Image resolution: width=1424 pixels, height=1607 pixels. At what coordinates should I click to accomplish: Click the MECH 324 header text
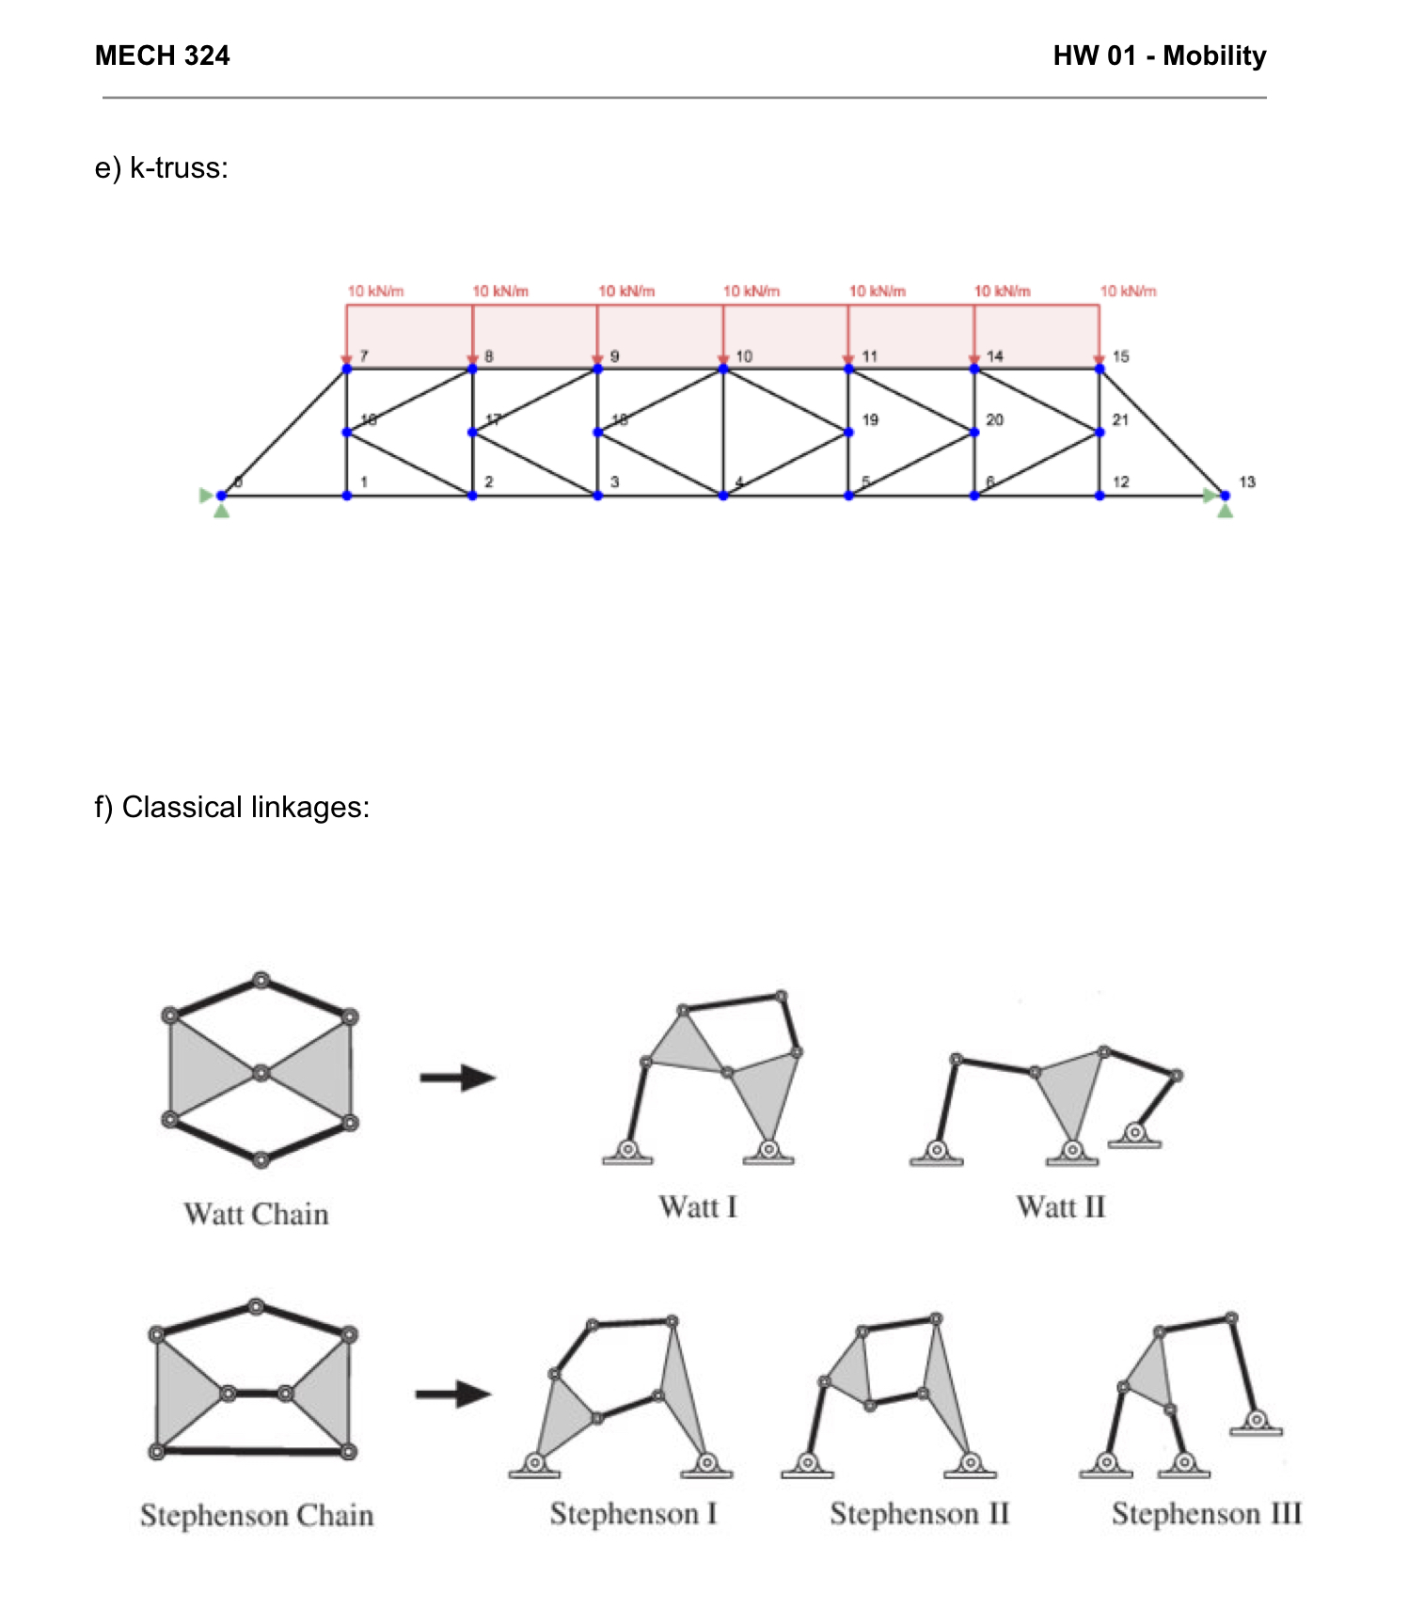coord(162,55)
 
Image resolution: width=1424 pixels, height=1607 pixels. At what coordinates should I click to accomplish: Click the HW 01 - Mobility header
coord(1159,55)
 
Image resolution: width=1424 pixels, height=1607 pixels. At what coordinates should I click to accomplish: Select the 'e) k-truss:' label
coord(161,168)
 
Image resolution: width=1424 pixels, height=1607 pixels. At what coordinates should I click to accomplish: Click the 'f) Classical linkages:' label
coord(231,807)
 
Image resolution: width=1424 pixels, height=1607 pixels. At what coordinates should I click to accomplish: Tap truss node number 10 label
coord(743,356)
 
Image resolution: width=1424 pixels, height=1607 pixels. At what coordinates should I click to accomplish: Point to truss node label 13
coord(1246,481)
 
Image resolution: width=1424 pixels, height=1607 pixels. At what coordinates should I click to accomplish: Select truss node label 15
coord(1120,356)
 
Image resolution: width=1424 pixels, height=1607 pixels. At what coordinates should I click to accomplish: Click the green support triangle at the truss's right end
coord(1225,510)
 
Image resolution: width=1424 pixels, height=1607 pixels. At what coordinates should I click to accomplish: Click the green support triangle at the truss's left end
coord(221,510)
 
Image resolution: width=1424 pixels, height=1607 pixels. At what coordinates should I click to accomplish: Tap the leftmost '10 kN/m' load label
coord(375,291)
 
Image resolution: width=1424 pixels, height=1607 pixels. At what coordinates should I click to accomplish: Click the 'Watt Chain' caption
coord(256,1214)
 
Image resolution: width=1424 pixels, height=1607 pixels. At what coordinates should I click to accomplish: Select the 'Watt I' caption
coord(698,1206)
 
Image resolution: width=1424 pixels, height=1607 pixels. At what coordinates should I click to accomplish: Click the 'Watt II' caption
coord(1060,1206)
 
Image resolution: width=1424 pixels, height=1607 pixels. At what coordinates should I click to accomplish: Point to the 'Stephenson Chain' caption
coord(257,1515)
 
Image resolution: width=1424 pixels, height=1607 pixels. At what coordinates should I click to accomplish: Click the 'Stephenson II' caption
coord(919,1513)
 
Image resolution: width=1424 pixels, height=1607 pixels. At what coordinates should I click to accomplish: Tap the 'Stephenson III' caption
coord(1206,1513)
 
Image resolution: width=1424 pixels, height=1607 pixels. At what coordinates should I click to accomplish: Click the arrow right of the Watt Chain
coord(458,1077)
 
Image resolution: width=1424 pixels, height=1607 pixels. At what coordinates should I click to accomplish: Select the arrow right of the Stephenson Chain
coord(453,1394)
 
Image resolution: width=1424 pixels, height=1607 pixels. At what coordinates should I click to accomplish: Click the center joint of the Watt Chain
coord(261,1072)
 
